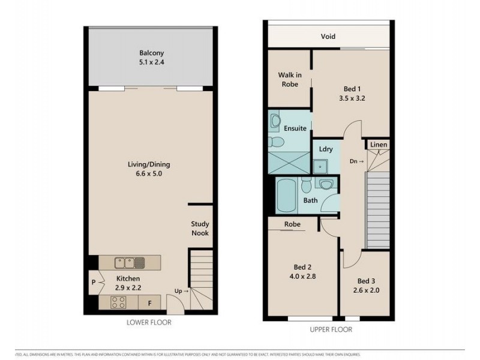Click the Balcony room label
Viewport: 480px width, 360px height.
(x=151, y=52)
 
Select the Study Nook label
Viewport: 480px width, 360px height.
(x=200, y=228)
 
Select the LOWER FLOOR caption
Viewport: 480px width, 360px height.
(x=149, y=323)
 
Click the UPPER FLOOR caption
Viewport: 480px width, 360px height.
(x=331, y=329)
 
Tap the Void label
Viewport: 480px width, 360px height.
(x=328, y=37)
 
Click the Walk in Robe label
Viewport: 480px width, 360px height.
(x=289, y=79)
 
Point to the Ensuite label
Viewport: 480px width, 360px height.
(x=295, y=128)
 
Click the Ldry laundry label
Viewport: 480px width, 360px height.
(x=326, y=149)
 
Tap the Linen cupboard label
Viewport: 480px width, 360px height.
(x=378, y=145)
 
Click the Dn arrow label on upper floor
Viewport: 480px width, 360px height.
(x=356, y=161)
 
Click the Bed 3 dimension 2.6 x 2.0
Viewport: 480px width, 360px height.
(x=366, y=291)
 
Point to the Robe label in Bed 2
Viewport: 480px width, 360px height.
(x=292, y=224)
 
